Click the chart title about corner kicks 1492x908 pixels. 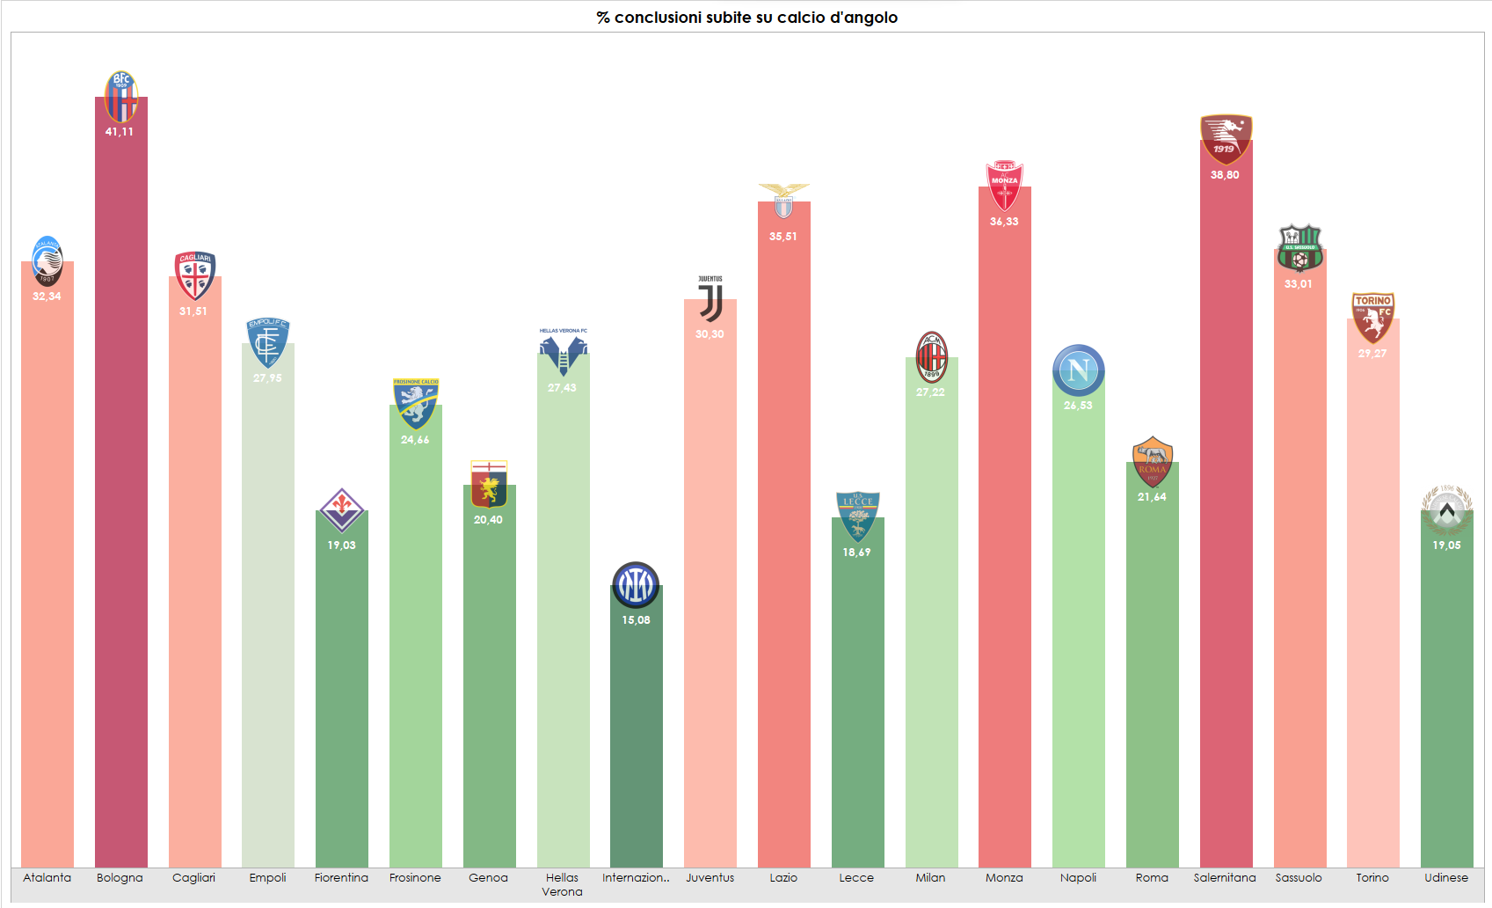coord(746,18)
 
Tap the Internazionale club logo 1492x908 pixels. coord(636,585)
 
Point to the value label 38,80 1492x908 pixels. coord(1225,175)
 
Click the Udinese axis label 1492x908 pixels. coord(1446,877)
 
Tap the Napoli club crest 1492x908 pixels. coord(1079,370)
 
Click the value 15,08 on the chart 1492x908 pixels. coord(636,620)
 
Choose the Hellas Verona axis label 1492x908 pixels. coord(563,884)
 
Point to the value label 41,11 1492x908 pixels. coord(120,132)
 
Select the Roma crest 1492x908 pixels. coord(1153,461)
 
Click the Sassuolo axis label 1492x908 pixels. coord(1299,877)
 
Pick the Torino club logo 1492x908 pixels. coord(1372,318)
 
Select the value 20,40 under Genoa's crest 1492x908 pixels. coord(488,520)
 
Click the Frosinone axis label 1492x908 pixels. coord(415,877)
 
